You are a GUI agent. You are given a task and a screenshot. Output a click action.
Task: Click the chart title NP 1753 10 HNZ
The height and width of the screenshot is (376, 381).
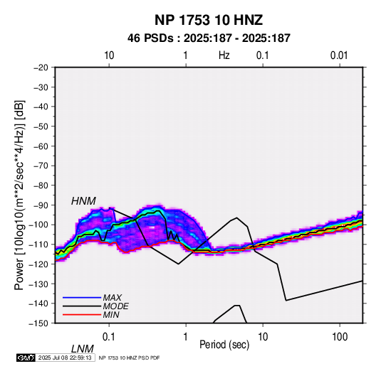(209, 20)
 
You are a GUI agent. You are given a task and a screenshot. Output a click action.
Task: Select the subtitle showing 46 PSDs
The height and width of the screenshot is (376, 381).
(209, 38)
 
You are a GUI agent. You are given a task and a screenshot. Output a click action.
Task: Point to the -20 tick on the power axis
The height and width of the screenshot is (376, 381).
(41, 68)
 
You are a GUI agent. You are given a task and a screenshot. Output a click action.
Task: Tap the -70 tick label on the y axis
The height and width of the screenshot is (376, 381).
(41, 166)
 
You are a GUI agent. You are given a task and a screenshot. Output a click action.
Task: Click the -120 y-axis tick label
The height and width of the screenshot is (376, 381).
(39, 264)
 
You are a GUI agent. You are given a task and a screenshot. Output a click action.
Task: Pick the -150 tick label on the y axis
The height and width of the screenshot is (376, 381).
(39, 323)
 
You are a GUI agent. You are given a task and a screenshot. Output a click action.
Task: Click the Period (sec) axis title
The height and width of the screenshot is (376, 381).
(224, 345)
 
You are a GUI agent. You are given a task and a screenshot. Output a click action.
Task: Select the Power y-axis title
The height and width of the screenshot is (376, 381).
(19, 195)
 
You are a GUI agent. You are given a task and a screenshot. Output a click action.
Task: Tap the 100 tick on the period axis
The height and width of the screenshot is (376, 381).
(340, 337)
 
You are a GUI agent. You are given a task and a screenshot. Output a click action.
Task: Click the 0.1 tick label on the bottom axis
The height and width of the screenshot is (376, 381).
(109, 337)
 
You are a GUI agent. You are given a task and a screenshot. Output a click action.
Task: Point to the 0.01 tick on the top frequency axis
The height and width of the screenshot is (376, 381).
(339, 55)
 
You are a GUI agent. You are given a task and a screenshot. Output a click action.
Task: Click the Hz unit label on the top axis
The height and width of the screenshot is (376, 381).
(224, 55)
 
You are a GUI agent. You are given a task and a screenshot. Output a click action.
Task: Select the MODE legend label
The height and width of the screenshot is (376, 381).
(115, 306)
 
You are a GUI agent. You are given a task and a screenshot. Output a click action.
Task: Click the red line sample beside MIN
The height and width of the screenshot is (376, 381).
(82, 315)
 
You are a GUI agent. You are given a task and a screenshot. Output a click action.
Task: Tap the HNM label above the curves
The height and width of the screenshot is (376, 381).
(83, 201)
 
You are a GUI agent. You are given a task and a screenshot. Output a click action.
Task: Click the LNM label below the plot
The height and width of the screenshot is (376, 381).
(83, 349)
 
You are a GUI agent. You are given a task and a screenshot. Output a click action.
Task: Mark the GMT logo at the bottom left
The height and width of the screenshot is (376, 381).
(26, 358)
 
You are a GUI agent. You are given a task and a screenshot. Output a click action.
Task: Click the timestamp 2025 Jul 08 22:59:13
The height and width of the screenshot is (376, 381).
(65, 358)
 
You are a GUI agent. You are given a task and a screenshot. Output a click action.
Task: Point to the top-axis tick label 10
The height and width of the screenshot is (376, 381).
(109, 55)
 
